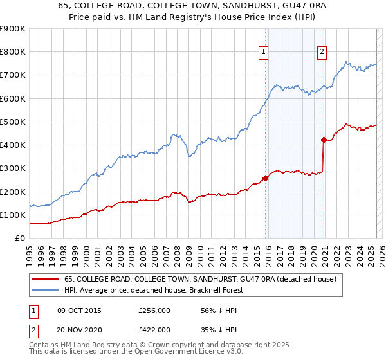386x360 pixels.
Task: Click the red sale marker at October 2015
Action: [x=266, y=178]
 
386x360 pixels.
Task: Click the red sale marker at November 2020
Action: [x=324, y=139]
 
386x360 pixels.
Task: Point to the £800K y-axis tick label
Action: [x=13, y=52]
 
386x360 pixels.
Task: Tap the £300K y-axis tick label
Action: [x=13, y=168]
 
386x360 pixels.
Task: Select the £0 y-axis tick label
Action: [x=19, y=239]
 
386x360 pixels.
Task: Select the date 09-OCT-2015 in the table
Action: [x=79, y=311]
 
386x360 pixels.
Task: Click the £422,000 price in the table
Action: [x=154, y=330]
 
